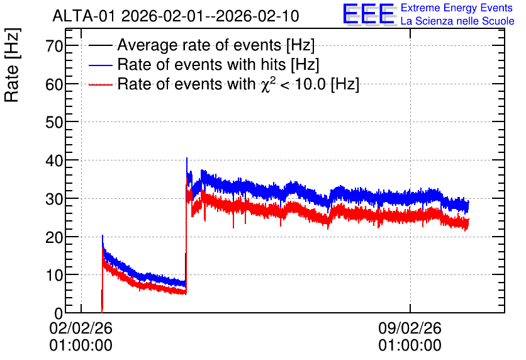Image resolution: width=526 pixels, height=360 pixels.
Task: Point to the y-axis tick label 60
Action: [x=54, y=84]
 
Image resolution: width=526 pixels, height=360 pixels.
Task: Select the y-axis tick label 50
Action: [x=54, y=122]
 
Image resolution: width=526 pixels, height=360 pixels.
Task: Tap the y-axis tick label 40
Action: [x=54, y=160]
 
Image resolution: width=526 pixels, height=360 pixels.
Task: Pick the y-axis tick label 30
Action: [x=54, y=199]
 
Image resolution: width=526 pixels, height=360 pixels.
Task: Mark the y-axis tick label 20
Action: [x=54, y=237]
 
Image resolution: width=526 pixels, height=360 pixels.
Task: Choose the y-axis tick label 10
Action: [x=54, y=275]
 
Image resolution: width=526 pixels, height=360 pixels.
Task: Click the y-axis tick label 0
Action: [x=59, y=313]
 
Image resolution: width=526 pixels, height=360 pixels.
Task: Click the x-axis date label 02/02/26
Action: [x=81, y=328]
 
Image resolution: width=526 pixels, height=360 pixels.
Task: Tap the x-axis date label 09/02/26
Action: [x=410, y=328]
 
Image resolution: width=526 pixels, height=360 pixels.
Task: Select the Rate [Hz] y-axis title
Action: [x=12, y=65]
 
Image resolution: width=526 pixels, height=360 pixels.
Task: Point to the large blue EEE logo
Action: [x=369, y=14]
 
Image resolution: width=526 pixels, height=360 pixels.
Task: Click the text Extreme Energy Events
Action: [x=457, y=8]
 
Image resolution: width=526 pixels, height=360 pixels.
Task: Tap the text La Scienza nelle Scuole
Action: [x=457, y=21]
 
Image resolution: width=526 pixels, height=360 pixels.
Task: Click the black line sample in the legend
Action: [x=100, y=45]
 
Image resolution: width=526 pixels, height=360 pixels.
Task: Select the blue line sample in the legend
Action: [x=100, y=65]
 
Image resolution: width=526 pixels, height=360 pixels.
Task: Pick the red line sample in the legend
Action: [x=100, y=84]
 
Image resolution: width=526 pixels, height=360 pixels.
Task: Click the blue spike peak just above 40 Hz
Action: [x=187, y=158]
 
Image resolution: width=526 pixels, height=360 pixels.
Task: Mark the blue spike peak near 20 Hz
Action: [x=103, y=235]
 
